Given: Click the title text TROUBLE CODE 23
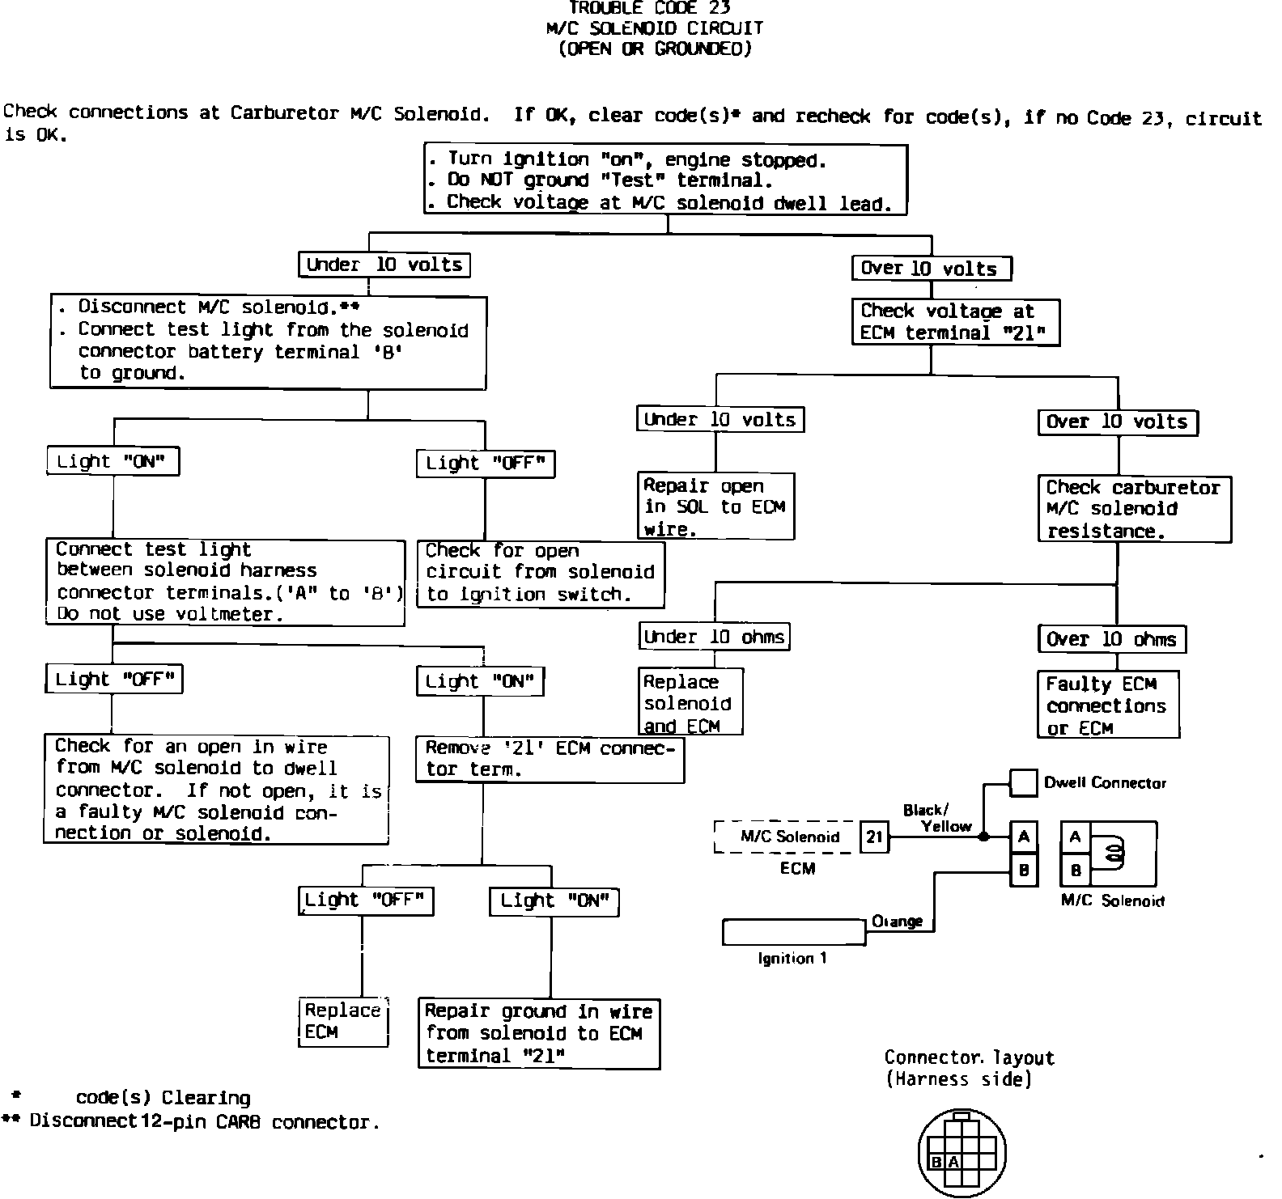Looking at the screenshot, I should (x=650, y=8).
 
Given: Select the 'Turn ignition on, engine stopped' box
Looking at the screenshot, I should (x=665, y=180).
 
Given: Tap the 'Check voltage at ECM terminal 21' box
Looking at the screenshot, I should (x=955, y=322).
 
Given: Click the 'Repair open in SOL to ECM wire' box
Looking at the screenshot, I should (x=715, y=506).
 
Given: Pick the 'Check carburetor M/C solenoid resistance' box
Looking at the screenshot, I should (x=1134, y=509).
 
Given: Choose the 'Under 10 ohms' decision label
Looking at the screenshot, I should (x=714, y=637).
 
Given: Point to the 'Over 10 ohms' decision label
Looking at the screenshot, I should (x=1111, y=639).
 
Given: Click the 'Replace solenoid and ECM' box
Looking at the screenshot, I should (x=690, y=702).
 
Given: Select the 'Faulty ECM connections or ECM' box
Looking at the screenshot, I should (x=1107, y=705).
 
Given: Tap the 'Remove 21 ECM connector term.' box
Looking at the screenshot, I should (x=550, y=759).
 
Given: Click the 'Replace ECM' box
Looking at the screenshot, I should (x=343, y=1022).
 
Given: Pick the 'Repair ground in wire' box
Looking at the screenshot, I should (x=539, y=1033).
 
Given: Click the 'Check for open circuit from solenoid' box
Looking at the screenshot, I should (x=541, y=573).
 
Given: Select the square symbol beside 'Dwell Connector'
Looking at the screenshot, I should (x=1024, y=783).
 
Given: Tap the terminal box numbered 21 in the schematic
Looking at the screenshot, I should (x=874, y=837).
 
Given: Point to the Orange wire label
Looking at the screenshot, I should (x=897, y=921).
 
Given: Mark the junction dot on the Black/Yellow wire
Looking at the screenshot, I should (x=983, y=837).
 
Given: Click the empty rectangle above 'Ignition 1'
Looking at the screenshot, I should (x=793, y=932).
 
